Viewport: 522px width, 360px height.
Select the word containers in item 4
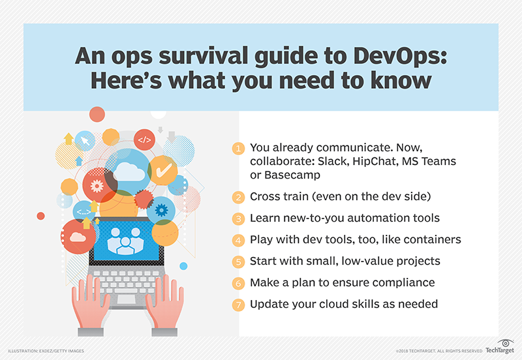pyautogui.click(x=431, y=240)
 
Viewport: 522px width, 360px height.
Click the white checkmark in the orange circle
pyautogui.click(x=164, y=170)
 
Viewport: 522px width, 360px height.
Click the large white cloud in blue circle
pyautogui.click(x=127, y=172)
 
